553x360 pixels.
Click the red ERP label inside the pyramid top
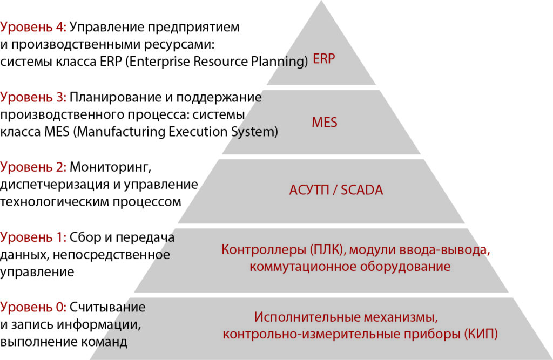point(324,58)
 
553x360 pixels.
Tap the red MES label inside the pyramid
point(325,123)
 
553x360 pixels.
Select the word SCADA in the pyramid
point(362,190)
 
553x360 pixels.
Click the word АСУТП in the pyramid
point(309,190)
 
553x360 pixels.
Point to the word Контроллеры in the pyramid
point(264,250)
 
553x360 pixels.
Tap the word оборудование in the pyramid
point(405,267)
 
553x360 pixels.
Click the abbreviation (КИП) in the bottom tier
point(481,334)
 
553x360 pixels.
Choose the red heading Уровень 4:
point(33,27)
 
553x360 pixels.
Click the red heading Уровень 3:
point(33,97)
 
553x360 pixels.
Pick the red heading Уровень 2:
point(33,167)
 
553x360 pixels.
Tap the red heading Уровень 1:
point(33,237)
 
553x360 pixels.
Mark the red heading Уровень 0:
point(33,307)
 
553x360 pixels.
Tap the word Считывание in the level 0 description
point(107,308)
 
